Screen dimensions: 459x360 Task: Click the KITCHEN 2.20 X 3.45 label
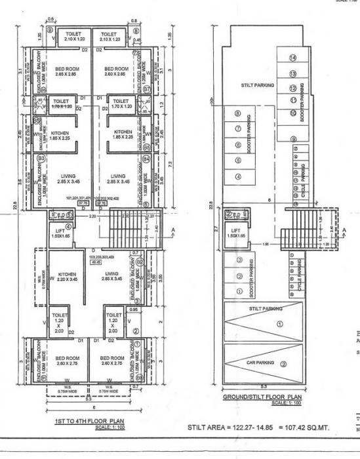(x=68, y=277)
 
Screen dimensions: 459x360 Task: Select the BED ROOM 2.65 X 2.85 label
(x=68, y=72)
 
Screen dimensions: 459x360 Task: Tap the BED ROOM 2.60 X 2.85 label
(x=118, y=72)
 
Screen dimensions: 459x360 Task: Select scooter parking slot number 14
(x=293, y=59)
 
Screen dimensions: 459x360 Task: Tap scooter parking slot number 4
(x=238, y=177)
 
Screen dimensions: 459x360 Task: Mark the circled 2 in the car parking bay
(x=283, y=365)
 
